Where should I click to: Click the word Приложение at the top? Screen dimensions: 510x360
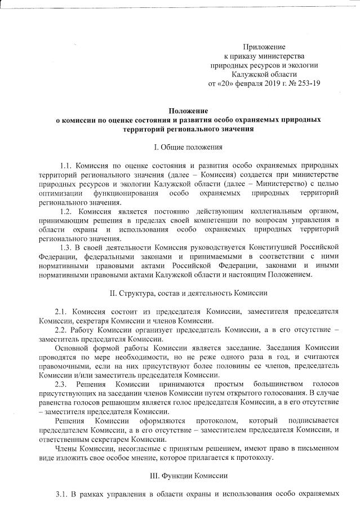coord(264,46)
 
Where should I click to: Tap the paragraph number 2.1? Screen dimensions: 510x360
coord(61,312)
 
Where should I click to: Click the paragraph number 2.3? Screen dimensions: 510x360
coord(61,384)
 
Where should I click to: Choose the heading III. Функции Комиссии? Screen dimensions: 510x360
coord(189,476)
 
